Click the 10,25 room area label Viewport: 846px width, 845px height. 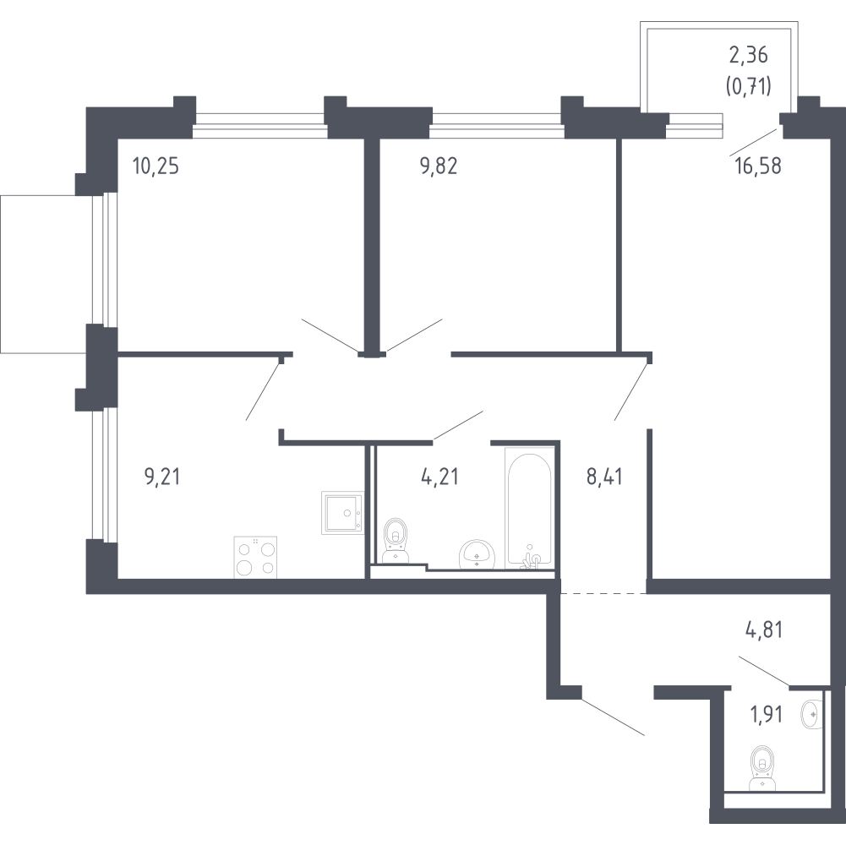click(x=156, y=166)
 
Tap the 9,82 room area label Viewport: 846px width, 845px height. click(x=439, y=166)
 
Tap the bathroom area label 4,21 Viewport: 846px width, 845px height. click(x=439, y=477)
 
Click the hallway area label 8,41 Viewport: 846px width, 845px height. click(x=605, y=477)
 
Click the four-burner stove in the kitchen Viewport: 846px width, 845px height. click(x=255, y=558)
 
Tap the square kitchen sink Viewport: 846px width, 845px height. click(x=341, y=513)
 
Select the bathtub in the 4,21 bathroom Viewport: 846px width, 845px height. click(x=529, y=507)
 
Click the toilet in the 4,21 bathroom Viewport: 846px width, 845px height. click(x=395, y=541)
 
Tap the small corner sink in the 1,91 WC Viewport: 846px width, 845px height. click(x=811, y=713)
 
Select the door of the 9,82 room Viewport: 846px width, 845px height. click(x=414, y=335)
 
